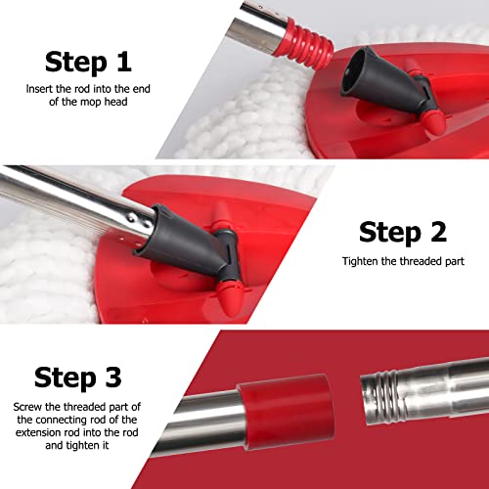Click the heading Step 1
tap(88, 63)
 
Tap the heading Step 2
tap(401, 232)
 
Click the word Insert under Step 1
tap(39, 89)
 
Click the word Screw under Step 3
tap(29, 405)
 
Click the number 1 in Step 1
tap(122, 63)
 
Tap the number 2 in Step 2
tap(436, 232)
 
